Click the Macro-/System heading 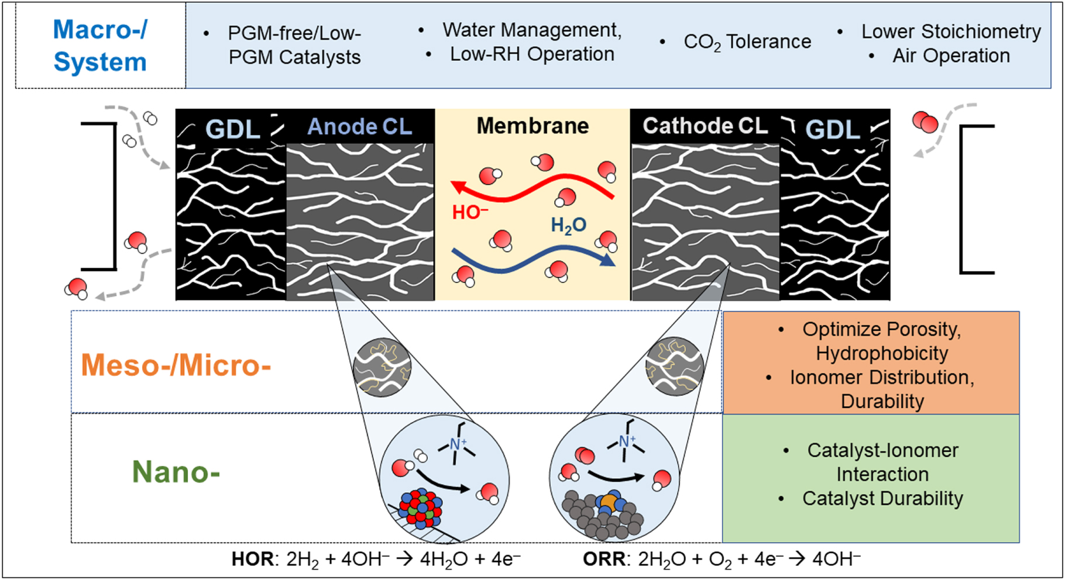(100, 46)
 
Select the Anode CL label (359, 127)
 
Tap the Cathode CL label (705, 126)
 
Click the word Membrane (532, 126)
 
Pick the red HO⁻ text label (470, 212)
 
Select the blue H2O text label (568, 225)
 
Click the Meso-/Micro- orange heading (176, 365)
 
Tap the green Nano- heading (176, 471)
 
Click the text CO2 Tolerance (747, 42)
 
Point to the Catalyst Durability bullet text (882, 498)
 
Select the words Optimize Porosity (881, 329)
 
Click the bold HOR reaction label (252, 559)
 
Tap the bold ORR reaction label (603, 559)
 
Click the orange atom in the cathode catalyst (609, 502)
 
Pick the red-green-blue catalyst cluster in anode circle (420, 508)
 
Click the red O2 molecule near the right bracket (925, 122)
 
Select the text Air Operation (951, 56)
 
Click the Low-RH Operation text (532, 54)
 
